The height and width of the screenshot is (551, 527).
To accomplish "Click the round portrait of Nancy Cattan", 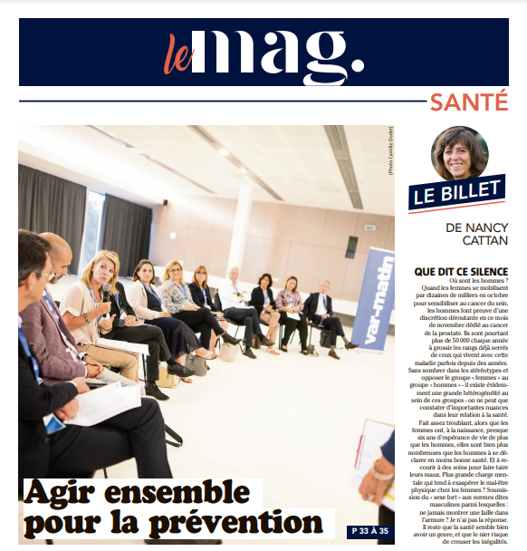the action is [459, 154].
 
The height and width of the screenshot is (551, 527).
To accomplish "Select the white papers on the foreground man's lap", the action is [100, 403].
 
